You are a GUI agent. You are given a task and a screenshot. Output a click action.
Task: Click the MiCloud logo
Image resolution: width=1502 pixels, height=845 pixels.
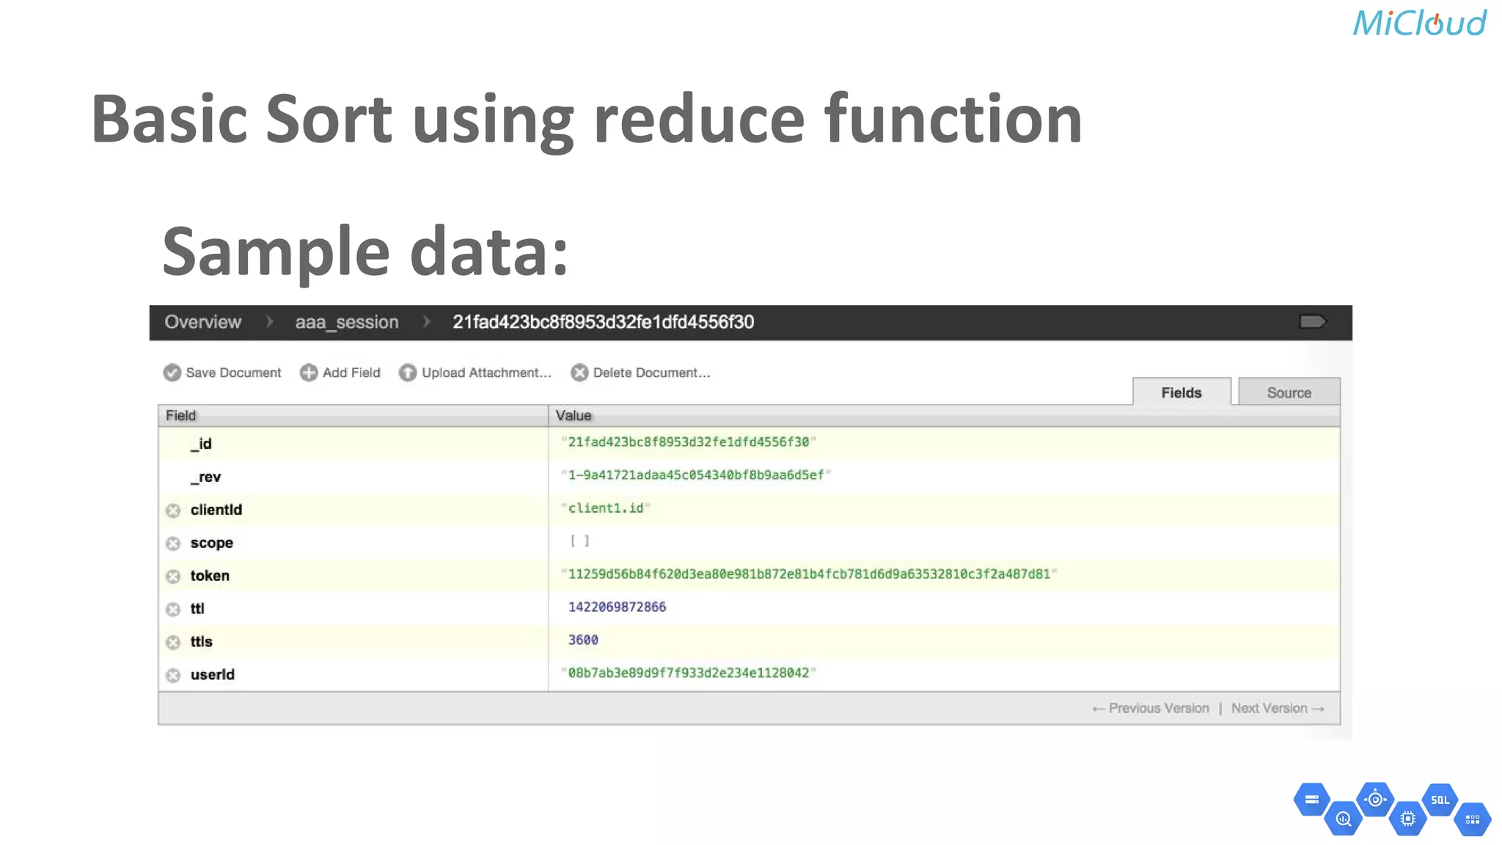(x=1419, y=23)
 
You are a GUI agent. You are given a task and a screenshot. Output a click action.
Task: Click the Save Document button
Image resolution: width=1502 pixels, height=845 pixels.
(x=222, y=373)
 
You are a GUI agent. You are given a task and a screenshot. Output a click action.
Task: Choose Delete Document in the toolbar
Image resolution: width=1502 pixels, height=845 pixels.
(x=641, y=373)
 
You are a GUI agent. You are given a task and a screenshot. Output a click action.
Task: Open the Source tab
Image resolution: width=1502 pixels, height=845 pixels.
(x=1289, y=392)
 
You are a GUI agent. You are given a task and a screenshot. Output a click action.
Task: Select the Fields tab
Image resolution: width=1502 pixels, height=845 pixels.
(x=1181, y=392)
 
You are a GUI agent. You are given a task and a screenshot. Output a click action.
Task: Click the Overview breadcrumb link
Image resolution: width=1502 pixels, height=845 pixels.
(x=202, y=322)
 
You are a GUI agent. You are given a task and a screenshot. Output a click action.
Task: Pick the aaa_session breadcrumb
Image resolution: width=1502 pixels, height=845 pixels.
(x=347, y=322)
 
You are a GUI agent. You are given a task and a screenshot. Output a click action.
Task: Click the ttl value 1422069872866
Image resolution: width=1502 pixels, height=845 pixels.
(x=617, y=607)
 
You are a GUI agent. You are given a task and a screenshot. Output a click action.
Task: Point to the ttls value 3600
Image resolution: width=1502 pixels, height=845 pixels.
(x=583, y=640)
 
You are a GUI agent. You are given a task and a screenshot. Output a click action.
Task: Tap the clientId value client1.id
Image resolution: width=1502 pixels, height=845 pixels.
(x=605, y=508)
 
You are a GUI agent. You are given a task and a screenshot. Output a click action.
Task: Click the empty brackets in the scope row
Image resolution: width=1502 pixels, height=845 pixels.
(x=579, y=541)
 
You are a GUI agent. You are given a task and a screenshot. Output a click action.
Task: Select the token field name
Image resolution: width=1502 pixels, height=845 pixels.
(x=210, y=576)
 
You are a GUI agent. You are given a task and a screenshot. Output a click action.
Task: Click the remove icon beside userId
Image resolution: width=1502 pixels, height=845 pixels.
(x=173, y=675)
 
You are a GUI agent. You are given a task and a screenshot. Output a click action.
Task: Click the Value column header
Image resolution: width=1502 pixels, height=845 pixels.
(x=574, y=416)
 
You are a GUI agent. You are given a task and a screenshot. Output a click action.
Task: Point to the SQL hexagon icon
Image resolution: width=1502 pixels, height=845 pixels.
(x=1440, y=800)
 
